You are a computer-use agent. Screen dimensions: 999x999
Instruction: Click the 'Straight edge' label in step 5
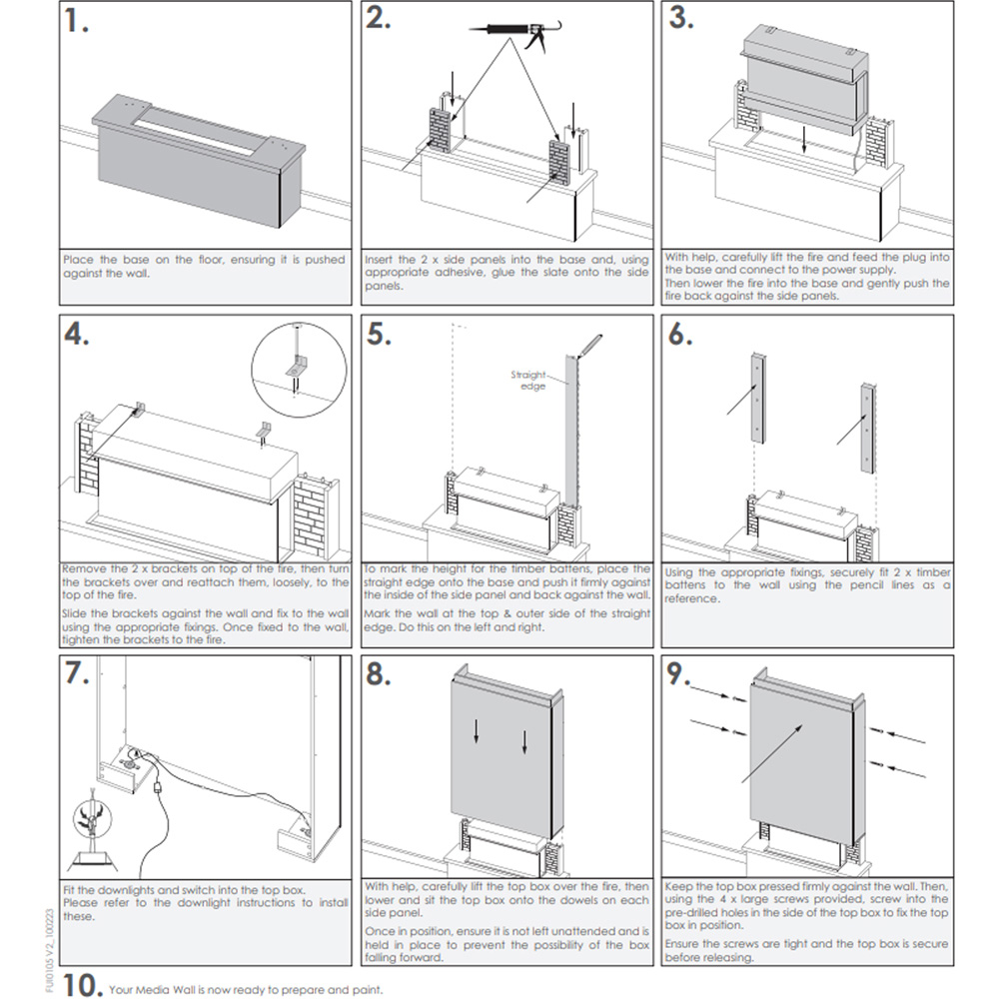pyautogui.click(x=528, y=380)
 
